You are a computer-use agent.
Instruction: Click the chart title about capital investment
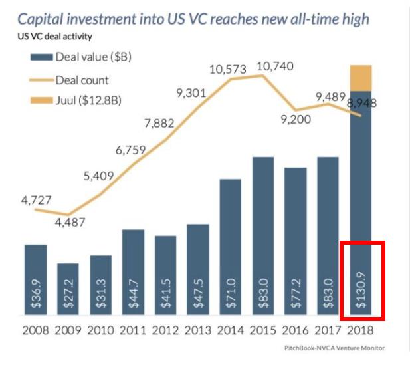(x=193, y=17)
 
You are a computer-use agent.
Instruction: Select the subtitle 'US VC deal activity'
(x=55, y=36)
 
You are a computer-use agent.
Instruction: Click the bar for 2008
(x=35, y=279)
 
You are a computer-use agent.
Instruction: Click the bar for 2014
(x=230, y=247)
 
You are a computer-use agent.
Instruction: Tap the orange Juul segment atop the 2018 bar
(x=360, y=78)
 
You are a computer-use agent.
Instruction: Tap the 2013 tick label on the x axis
(x=198, y=331)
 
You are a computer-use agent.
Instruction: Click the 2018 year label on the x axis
(x=360, y=331)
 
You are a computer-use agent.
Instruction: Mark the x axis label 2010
(x=100, y=331)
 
